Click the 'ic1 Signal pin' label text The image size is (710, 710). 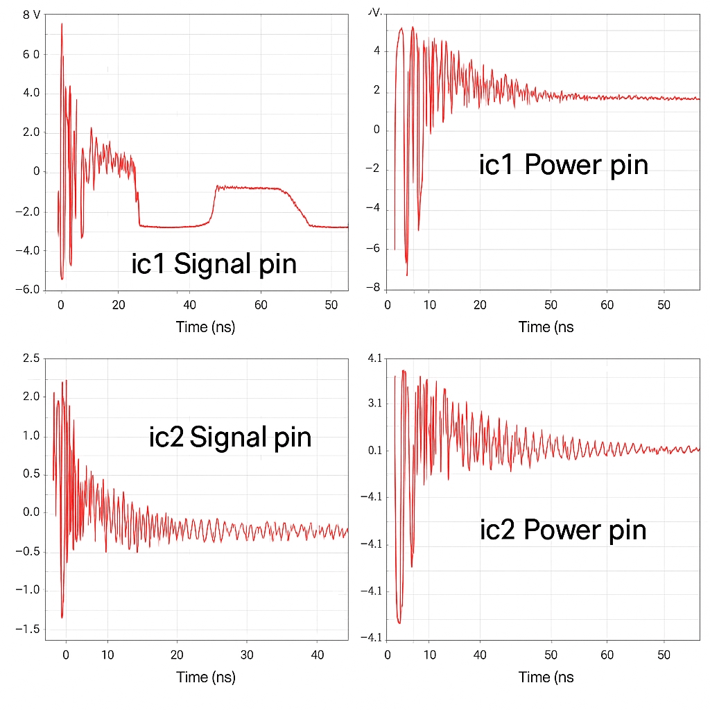214,264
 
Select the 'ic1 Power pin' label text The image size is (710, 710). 564,165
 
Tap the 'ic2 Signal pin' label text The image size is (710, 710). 230,438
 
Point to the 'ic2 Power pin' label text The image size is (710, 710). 563,530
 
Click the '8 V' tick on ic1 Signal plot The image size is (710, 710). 31,15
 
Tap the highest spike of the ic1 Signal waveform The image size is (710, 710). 62,24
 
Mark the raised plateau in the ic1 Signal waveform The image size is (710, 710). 250,188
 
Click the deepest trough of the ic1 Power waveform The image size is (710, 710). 407,275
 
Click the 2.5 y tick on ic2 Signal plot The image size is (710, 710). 32,358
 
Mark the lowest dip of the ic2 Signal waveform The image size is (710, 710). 62,616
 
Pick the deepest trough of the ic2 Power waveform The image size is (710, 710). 399,623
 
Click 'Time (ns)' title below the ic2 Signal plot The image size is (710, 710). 206,677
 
